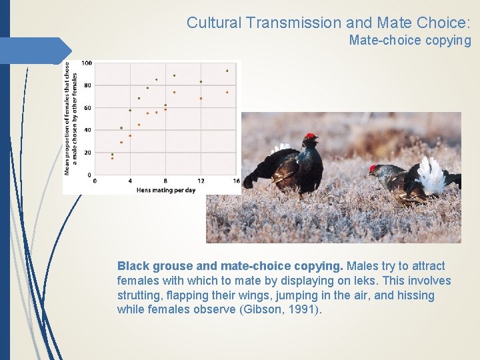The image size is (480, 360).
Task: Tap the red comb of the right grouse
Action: coord(373,168)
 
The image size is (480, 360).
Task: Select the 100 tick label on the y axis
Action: coord(87,63)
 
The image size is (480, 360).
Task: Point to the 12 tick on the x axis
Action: coord(201,181)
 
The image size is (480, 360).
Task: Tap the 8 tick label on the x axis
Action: coord(165,181)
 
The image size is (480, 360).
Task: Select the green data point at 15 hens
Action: coord(227,71)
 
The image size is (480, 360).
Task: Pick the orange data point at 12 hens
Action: coord(201,99)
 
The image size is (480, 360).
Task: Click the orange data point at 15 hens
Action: coord(227,92)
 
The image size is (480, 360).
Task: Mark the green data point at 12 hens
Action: coord(201,82)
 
